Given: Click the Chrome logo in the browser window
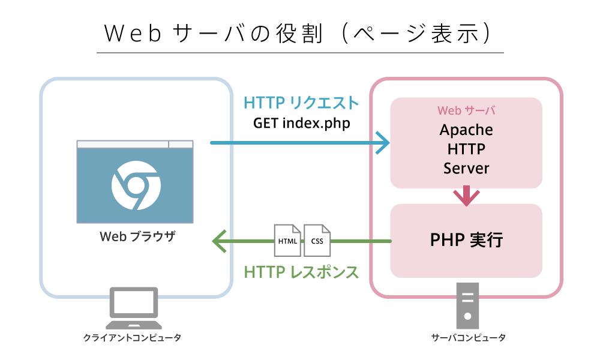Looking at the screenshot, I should pyautogui.click(x=135, y=183).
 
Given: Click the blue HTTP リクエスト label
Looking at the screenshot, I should pyautogui.click(x=301, y=103).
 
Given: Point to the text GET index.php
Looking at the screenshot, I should pyautogui.click(x=301, y=123).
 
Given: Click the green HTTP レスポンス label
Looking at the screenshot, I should pyautogui.click(x=301, y=272).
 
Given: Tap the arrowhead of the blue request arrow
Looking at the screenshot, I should pyautogui.click(x=383, y=143).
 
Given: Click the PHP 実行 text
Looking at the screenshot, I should pyautogui.click(x=466, y=241).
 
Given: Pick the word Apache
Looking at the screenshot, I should pyautogui.click(x=466, y=130).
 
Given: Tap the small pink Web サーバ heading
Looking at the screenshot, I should pyautogui.click(x=466, y=111).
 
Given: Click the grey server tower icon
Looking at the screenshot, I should pyautogui.click(x=467, y=303).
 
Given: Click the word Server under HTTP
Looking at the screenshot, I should pyautogui.click(x=466, y=169).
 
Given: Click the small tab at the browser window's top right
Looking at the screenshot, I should pyautogui.click(x=181, y=144).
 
